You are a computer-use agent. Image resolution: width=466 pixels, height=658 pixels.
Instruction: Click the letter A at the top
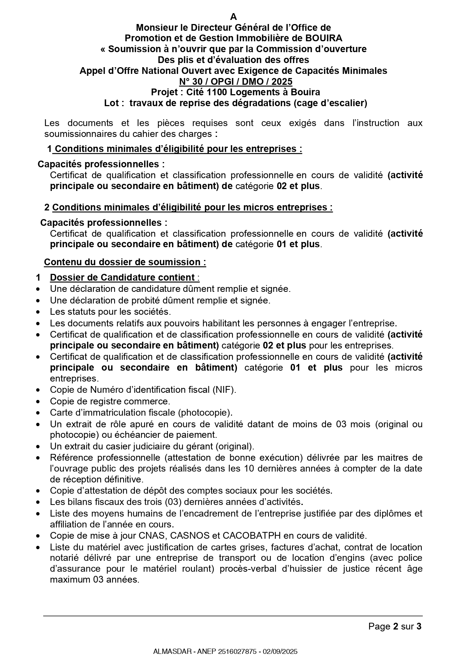click(234, 17)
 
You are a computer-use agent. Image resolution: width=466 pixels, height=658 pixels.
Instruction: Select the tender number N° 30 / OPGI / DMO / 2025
click(235, 82)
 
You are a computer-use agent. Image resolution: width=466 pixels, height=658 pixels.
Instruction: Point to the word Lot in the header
click(112, 103)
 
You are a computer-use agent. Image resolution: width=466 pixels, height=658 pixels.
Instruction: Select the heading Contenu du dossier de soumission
click(125, 262)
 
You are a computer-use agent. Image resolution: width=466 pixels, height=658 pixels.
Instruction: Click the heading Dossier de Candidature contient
click(122, 278)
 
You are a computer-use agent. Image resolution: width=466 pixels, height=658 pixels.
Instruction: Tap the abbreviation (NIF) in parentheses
click(224, 390)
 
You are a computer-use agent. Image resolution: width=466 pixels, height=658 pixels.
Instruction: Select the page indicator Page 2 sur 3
click(395, 626)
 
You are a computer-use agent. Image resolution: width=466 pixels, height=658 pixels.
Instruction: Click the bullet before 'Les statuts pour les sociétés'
click(38, 312)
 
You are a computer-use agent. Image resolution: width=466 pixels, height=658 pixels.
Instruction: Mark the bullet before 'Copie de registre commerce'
click(38, 402)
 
